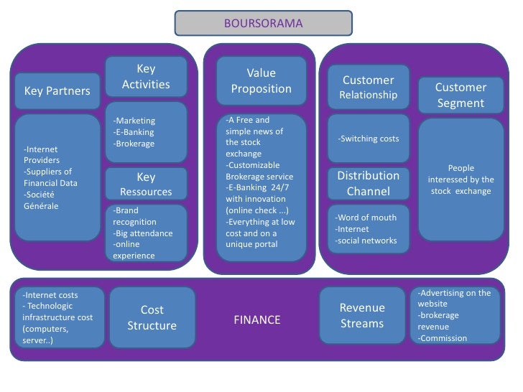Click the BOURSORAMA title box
[263, 23]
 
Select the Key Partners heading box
[57, 91]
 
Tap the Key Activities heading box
[146, 77]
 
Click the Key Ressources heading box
[146, 185]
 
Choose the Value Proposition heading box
[261, 81]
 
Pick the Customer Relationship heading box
[368, 87]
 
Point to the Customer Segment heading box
[460, 95]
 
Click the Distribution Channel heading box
[368, 183]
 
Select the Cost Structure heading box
[152, 318]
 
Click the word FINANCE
[256, 320]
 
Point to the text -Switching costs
[368, 139]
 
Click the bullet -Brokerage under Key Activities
[134, 144]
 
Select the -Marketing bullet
[134, 121]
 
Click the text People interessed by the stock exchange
[460, 179]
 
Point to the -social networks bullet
[366, 241]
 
